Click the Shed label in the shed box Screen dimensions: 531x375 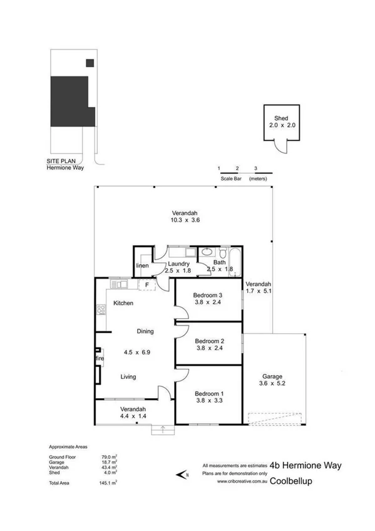pyautogui.click(x=280, y=118)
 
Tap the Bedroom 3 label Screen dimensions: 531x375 pyautogui.click(x=208, y=295)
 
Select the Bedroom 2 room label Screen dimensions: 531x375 pyautogui.click(x=208, y=341)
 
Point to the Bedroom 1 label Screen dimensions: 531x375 pyautogui.click(x=208, y=392)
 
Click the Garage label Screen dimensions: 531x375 pyautogui.click(x=273, y=376)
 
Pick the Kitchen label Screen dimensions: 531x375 pyautogui.click(x=123, y=303)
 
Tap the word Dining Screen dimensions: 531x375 pyautogui.click(x=146, y=331)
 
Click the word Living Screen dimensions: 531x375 pyautogui.click(x=128, y=376)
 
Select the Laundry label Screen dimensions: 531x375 pyautogui.click(x=178, y=264)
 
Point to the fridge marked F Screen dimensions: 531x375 pyautogui.click(x=146, y=285)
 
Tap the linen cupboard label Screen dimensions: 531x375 pyautogui.click(x=142, y=266)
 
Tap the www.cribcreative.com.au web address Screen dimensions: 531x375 pyautogui.click(x=243, y=482)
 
